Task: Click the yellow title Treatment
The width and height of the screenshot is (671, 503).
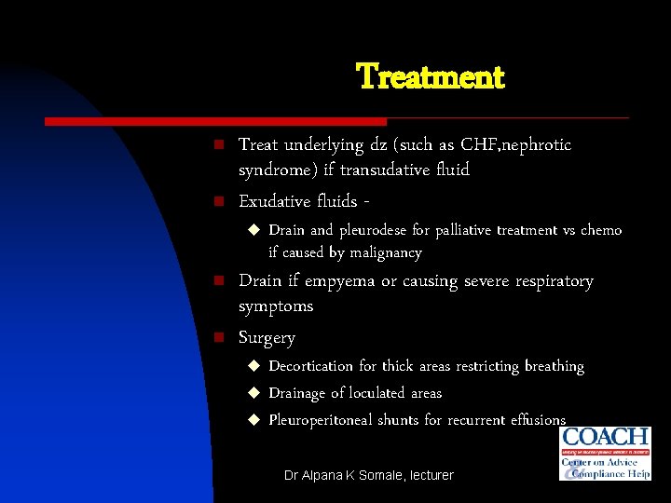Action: tap(430, 76)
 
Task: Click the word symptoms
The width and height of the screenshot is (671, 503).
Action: tap(276, 306)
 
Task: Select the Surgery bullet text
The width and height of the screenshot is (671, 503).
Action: tap(267, 338)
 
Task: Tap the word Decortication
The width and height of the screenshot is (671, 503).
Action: tap(310, 366)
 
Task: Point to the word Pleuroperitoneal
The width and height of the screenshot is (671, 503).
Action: tap(321, 420)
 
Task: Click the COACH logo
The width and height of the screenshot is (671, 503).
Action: tap(605, 453)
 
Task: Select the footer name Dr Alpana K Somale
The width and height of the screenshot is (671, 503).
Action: tap(338, 475)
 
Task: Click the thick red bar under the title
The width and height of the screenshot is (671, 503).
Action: tap(215, 121)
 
